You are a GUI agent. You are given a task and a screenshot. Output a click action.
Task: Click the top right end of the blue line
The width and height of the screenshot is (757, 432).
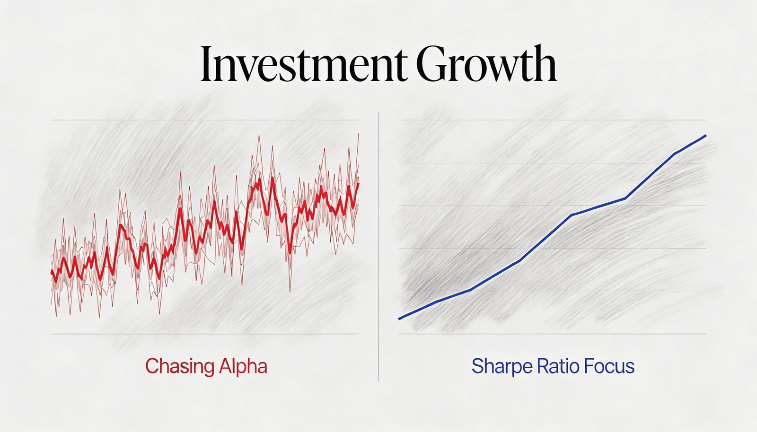pos(705,135)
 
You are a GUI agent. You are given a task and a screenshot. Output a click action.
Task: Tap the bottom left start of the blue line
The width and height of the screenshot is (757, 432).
pos(399,319)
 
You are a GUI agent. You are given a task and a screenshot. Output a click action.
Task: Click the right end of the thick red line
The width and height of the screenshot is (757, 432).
pos(358,184)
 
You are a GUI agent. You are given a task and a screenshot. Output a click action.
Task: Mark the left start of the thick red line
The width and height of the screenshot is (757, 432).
pos(52,271)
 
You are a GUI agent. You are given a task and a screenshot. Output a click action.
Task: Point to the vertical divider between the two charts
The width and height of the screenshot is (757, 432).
pos(378,247)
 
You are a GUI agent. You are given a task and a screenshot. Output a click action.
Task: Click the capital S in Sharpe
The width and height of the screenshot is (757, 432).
pos(478,366)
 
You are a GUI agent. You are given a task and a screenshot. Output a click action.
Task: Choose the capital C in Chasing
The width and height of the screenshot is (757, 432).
pos(152,366)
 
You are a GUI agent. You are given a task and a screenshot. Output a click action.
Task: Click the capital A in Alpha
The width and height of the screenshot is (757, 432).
pos(226,366)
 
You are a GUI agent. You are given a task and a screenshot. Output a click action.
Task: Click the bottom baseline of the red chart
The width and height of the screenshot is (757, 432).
pos(205,334)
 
